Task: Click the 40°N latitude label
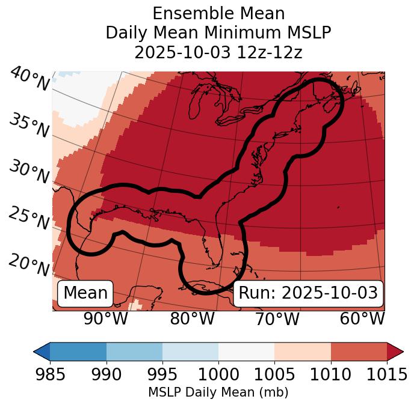tap(29, 79)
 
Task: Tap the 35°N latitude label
tap(29, 125)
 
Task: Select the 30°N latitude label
tap(29, 172)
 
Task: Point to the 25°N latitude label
tap(29, 218)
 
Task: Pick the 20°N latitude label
tap(29, 264)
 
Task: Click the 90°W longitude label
tap(106, 318)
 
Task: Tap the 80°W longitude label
tap(192, 318)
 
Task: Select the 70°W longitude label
tap(277, 318)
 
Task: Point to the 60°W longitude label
tap(362, 318)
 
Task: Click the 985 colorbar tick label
tap(50, 374)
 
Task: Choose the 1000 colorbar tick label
tap(218, 374)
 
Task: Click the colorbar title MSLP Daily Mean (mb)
tap(218, 392)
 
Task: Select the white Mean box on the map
tap(85, 293)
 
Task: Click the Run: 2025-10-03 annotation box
tap(308, 293)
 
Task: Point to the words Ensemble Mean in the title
tap(218, 13)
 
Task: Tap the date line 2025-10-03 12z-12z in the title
tap(218, 52)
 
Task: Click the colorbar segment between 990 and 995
tap(134, 352)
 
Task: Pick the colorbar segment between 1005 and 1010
tap(303, 352)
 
